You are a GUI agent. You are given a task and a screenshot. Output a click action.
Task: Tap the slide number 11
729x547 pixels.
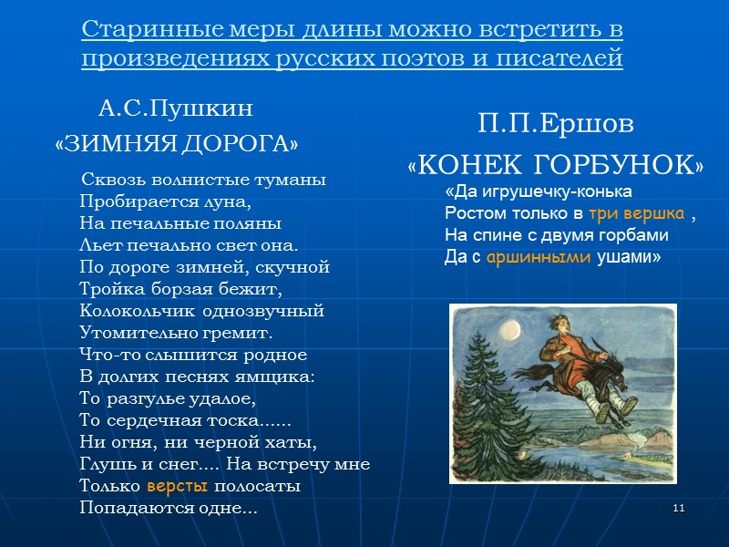click(678, 507)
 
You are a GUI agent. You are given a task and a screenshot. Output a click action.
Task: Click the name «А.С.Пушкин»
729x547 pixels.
click(175, 110)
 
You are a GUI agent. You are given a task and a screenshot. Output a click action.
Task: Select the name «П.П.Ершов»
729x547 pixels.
click(555, 122)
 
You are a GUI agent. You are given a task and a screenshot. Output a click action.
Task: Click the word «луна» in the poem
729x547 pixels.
click(228, 201)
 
